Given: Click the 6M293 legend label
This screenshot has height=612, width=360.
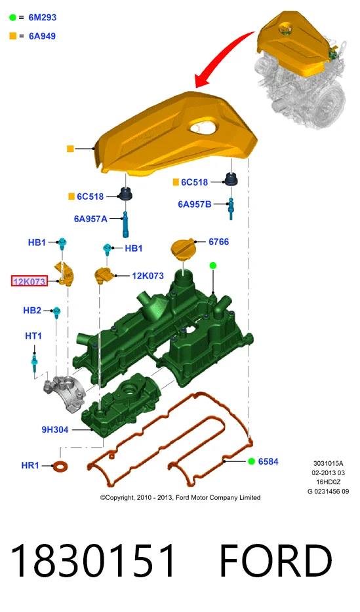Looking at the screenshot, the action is [42, 18].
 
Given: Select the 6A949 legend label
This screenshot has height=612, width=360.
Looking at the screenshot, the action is [42, 36].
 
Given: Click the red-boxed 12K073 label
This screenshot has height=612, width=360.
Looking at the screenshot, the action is [30, 281].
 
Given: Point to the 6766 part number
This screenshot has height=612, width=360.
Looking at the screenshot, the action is [218, 242].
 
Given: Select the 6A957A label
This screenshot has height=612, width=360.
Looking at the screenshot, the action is [90, 219].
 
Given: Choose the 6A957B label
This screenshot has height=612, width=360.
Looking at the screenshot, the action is [195, 204].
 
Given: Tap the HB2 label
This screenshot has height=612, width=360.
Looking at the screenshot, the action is [32, 311].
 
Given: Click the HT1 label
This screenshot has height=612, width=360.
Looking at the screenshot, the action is [33, 336].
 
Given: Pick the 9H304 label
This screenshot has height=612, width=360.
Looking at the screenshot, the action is [55, 430].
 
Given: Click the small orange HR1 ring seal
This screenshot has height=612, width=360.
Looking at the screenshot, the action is [60, 466].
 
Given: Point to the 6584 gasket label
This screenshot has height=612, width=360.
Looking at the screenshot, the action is [268, 462].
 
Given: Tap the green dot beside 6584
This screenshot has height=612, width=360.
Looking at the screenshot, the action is [252, 462].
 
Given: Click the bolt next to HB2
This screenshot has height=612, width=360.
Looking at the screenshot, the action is [57, 313].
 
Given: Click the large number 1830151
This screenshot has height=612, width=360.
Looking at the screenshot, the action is [93, 560].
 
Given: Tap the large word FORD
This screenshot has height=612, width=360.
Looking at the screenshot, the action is [275, 560].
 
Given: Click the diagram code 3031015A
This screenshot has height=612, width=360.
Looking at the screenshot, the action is [328, 464].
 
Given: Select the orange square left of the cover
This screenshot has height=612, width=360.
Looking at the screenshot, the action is [70, 149].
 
